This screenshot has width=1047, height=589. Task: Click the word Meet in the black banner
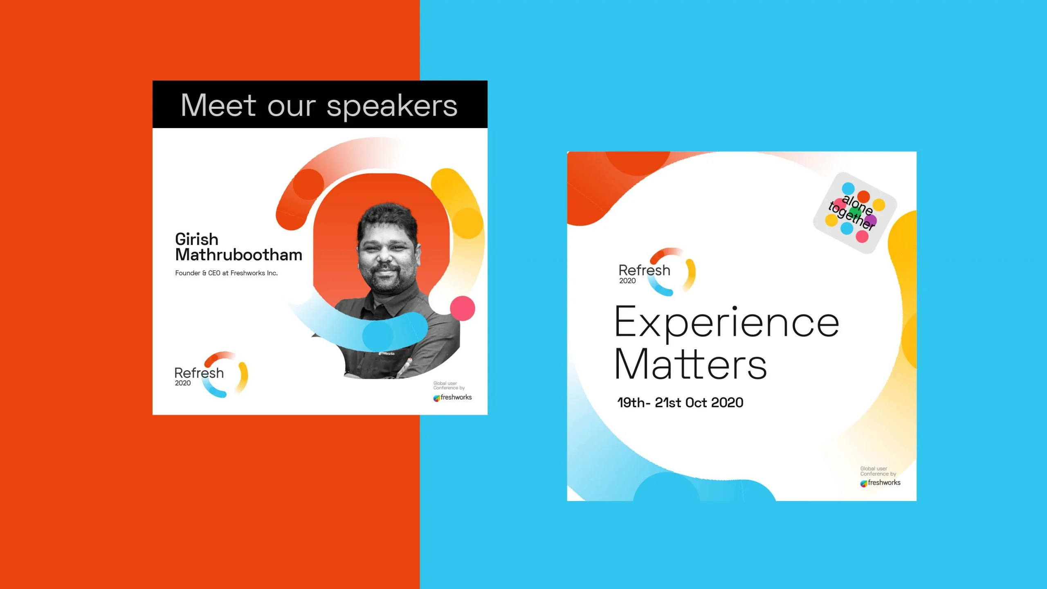click(218, 106)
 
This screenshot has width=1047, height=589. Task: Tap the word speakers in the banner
click(392, 107)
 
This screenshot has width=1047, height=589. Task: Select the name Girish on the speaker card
click(197, 239)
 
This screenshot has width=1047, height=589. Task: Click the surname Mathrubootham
click(239, 255)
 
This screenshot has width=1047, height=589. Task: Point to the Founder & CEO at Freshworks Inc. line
click(226, 273)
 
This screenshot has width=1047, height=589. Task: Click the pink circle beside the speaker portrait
click(463, 308)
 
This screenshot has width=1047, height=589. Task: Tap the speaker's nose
click(385, 256)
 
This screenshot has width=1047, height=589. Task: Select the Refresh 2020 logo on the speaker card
click(211, 374)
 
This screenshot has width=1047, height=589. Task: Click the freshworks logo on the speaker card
click(452, 397)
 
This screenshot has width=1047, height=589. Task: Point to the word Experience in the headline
click(727, 324)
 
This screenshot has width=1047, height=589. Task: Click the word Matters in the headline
click(691, 364)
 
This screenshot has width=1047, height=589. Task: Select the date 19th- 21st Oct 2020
click(680, 402)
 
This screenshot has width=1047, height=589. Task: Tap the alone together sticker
click(855, 213)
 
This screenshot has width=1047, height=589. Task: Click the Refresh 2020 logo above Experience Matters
click(657, 272)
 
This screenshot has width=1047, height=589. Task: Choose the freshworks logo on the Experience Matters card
click(880, 483)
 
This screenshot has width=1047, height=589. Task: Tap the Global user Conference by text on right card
click(878, 471)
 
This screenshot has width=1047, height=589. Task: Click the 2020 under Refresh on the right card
click(627, 281)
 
